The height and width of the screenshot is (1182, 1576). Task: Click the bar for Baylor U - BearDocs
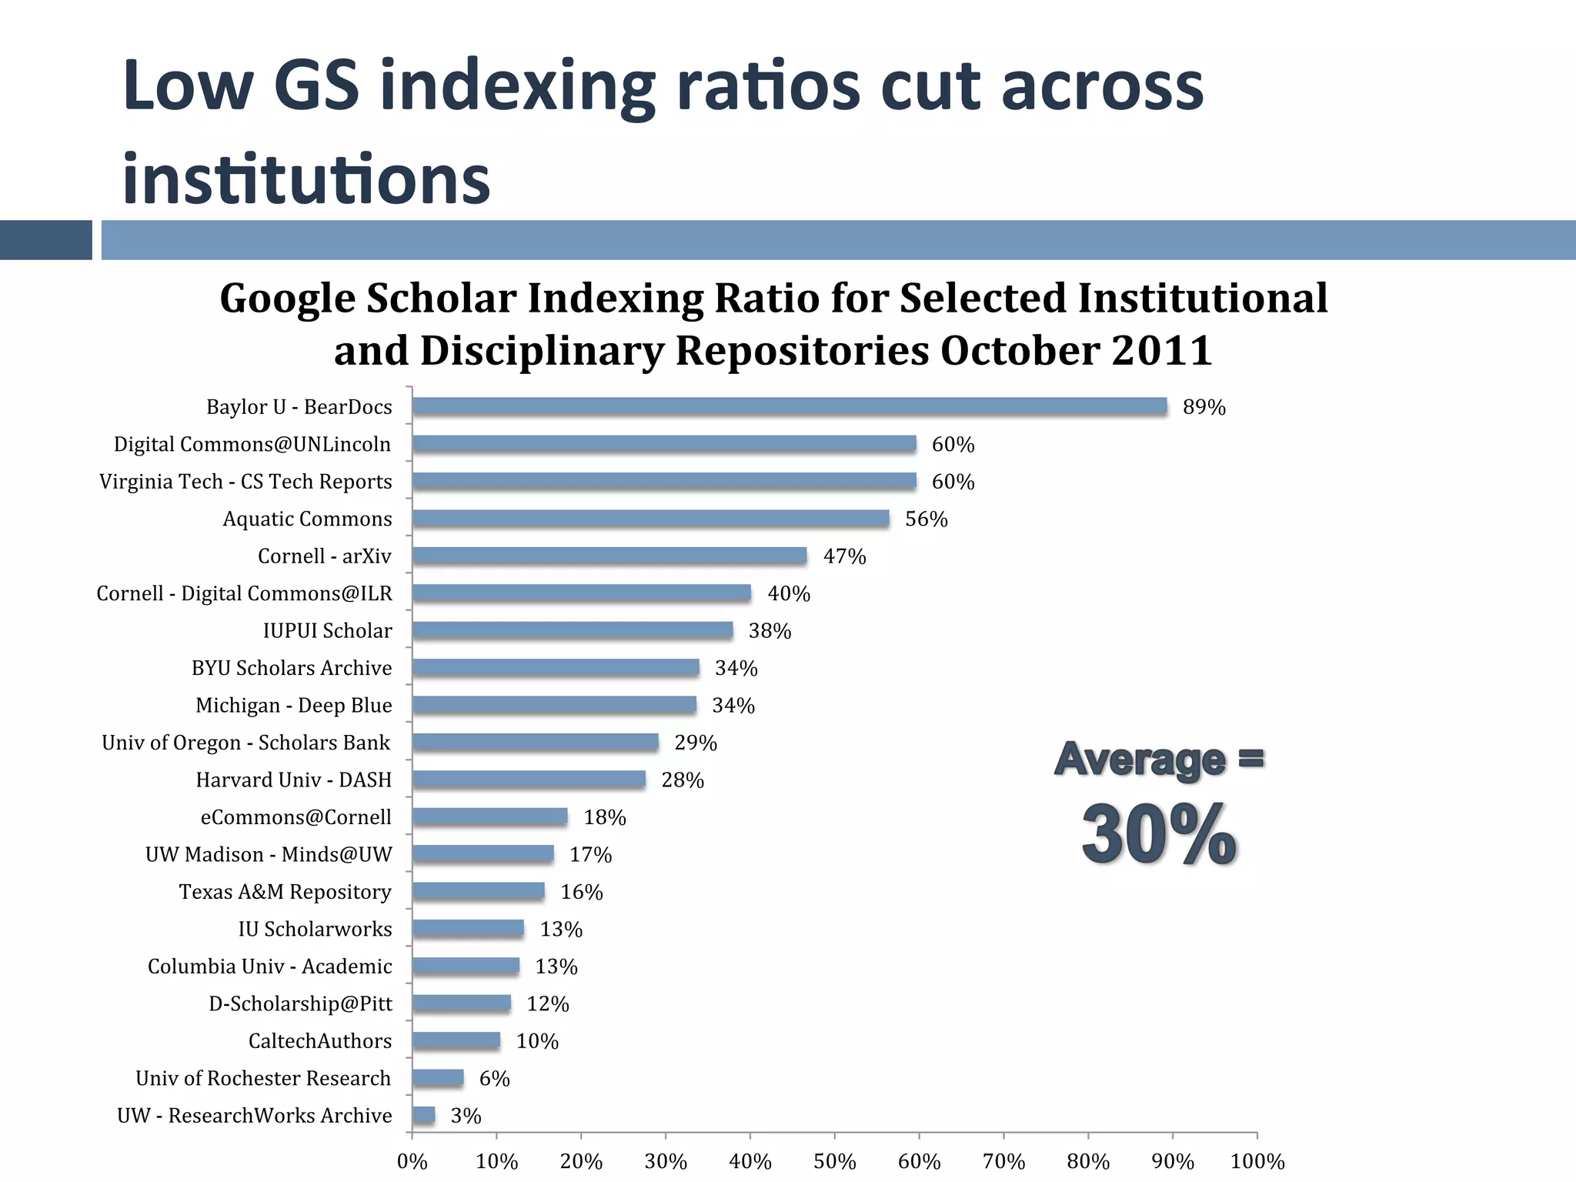(x=789, y=406)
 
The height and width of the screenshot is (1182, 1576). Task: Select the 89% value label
(x=1204, y=407)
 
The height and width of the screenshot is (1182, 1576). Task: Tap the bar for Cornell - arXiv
(x=609, y=556)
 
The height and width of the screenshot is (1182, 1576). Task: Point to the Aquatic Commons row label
(x=307, y=519)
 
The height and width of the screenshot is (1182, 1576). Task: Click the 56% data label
(x=926, y=519)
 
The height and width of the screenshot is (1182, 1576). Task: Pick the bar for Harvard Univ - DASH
(x=529, y=780)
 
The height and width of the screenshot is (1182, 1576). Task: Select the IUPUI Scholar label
(x=327, y=631)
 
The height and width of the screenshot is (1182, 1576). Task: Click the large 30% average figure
(x=1159, y=835)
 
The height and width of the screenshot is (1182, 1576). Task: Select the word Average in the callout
(x=1140, y=760)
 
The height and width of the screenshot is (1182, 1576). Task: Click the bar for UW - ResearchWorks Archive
(x=423, y=1115)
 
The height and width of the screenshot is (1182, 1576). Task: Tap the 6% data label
(x=494, y=1079)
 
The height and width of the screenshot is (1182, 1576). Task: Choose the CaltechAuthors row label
(x=319, y=1041)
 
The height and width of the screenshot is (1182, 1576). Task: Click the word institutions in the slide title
(x=306, y=179)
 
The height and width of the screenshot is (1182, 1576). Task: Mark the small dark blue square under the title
(x=45, y=240)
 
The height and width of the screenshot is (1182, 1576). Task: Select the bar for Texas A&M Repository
(x=478, y=891)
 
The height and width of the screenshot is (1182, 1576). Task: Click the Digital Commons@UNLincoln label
(x=252, y=445)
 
